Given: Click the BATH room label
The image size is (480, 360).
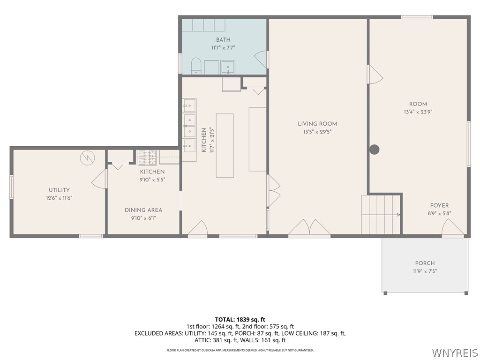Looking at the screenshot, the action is (x=223, y=40).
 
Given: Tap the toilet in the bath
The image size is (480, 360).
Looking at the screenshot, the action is (x=196, y=66).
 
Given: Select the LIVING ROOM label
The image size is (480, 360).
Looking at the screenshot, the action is (x=317, y=124).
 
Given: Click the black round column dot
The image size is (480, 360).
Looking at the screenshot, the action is (x=374, y=150).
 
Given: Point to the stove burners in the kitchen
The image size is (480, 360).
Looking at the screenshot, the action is (x=147, y=157).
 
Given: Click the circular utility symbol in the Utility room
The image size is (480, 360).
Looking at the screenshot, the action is (x=87, y=158).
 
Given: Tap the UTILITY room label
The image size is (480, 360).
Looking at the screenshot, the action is (x=59, y=190).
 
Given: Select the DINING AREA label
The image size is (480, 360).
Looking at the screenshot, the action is (x=143, y=210).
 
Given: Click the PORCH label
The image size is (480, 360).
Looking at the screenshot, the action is (x=425, y=263).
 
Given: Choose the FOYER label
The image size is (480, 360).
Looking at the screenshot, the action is (x=439, y=205).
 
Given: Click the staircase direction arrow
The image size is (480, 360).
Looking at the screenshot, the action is (x=381, y=215).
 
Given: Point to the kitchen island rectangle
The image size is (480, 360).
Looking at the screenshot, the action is (x=225, y=146).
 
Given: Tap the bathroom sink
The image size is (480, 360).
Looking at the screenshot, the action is (x=228, y=67).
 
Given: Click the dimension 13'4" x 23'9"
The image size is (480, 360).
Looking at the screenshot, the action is (x=418, y=112).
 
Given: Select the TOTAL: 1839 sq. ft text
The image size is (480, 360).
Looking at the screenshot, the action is (x=240, y=320).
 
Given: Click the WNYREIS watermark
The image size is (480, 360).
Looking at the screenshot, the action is (x=455, y=352).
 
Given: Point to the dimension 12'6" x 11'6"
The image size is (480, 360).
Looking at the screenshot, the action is (x=59, y=198).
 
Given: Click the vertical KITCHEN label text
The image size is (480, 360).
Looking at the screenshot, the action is (x=203, y=140).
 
